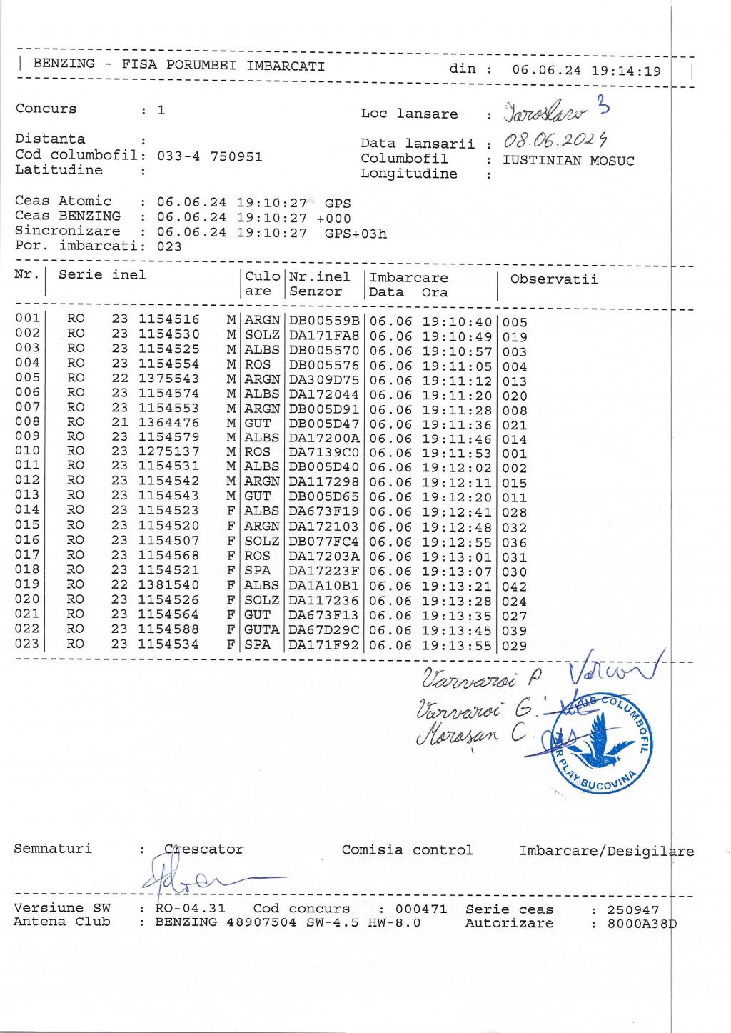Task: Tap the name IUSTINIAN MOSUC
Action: [x=568, y=160]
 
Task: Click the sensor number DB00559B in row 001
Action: [x=325, y=321]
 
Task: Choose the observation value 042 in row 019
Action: [x=515, y=587]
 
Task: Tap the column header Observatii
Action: [x=553, y=279]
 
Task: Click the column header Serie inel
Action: [x=102, y=275]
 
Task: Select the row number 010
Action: [x=27, y=451]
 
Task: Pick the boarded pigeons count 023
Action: [x=169, y=247]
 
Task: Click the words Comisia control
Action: [x=407, y=850]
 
